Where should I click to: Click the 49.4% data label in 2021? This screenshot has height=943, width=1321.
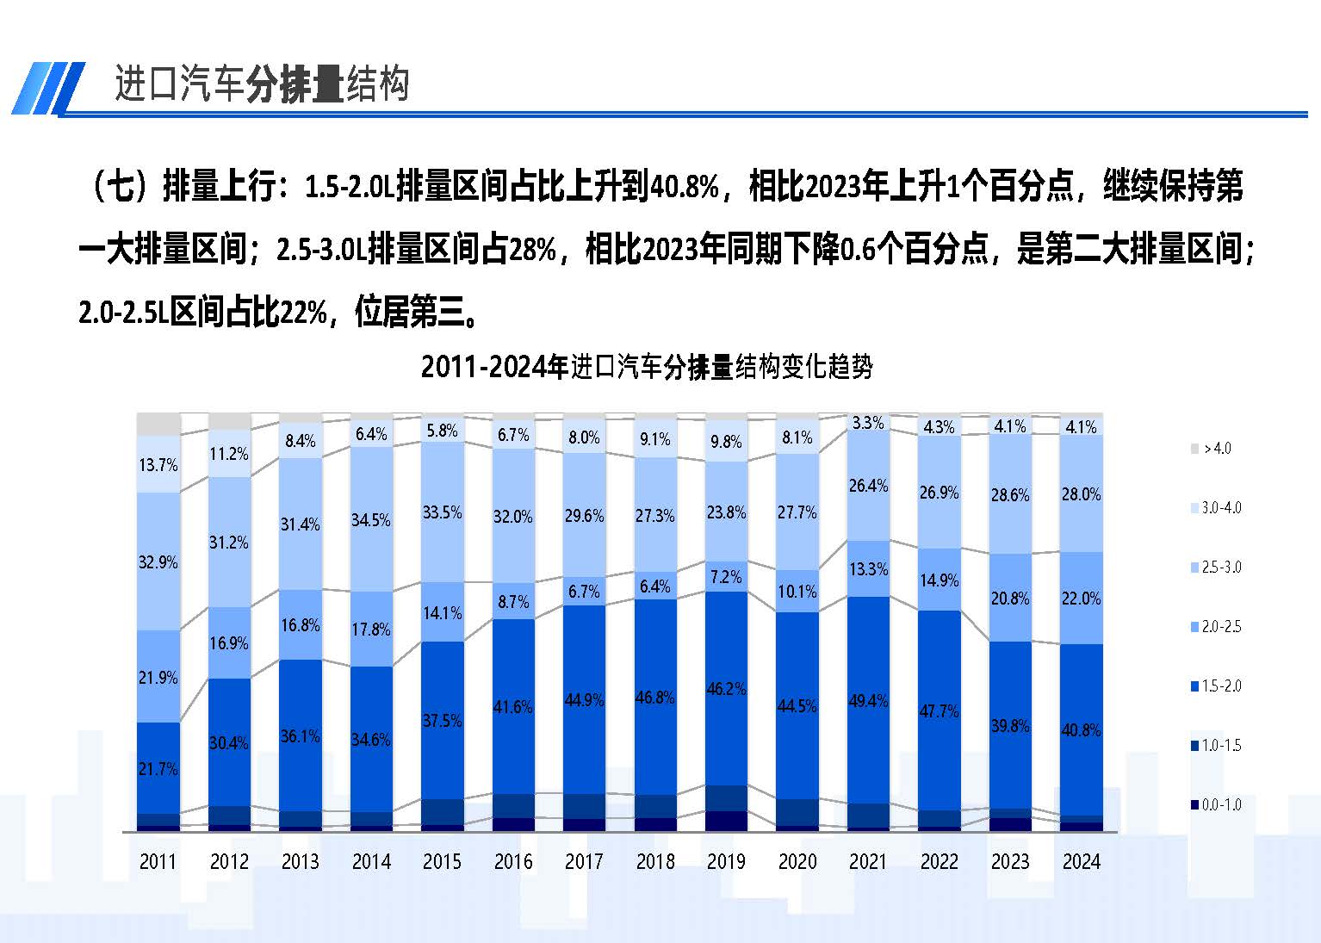click(x=867, y=701)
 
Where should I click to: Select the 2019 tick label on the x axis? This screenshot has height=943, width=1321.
click(x=726, y=861)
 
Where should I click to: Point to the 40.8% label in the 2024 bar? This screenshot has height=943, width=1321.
click(x=1081, y=730)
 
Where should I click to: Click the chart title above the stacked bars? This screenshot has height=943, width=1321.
click(x=647, y=367)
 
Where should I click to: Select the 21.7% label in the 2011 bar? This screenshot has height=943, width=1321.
click(x=158, y=768)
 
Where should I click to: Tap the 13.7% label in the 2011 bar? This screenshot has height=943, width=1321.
click(x=158, y=465)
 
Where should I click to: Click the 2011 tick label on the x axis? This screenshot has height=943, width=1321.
click(x=158, y=861)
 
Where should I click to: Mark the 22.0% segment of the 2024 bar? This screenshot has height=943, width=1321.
click(x=1081, y=599)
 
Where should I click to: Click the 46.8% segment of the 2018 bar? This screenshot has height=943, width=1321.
click(x=654, y=697)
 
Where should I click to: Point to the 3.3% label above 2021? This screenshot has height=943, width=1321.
click(x=867, y=423)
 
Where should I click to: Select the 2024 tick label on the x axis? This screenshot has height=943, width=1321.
click(x=1081, y=861)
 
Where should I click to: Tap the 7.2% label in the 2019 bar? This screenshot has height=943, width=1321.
click(x=726, y=576)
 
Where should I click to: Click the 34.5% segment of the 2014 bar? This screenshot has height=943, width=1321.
click(x=371, y=520)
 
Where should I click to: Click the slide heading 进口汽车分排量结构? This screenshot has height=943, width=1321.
click(x=261, y=84)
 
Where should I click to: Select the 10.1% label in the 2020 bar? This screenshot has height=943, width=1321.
click(x=797, y=592)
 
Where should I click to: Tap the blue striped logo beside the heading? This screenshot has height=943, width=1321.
click(x=47, y=88)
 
